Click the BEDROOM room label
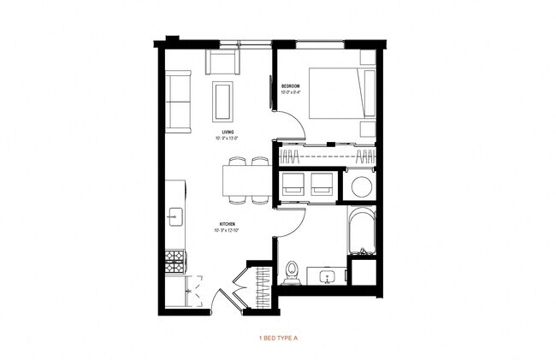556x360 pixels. click(x=290, y=86)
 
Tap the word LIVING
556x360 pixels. click(x=227, y=132)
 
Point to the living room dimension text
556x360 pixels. click(x=227, y=138)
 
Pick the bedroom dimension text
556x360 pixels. click(x=290, y=92)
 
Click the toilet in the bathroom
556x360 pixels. click(x=292, y=271)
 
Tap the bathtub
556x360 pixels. click(x=363, y=228)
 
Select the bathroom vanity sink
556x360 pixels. click(x=327, y=276)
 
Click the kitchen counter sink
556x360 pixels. click(x=175, y=216)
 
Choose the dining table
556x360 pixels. click(x=246, y=181)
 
